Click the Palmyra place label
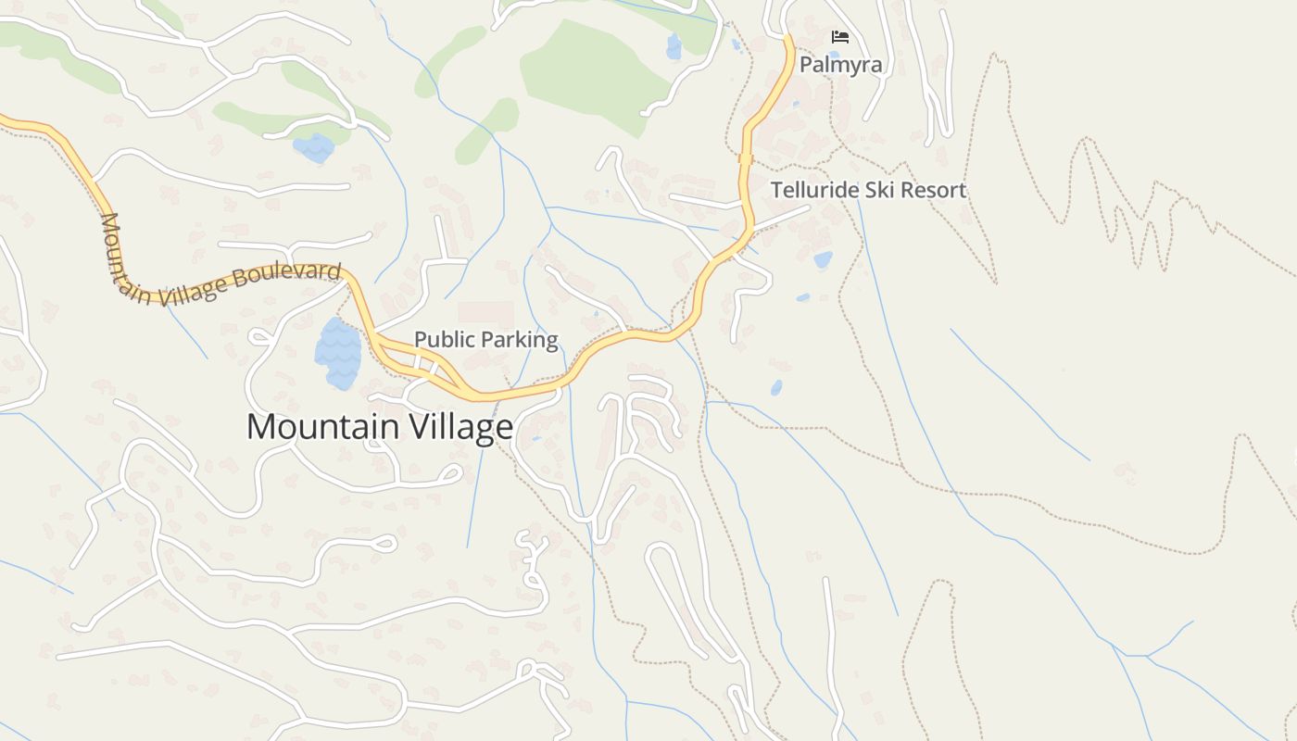(840, 65)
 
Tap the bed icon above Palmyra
(840, 37)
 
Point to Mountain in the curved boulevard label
(123, 257)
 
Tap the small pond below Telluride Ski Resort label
(823, 260)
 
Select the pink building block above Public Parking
(485, 312)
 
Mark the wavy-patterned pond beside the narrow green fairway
(313, 147)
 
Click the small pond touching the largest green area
(674, 46)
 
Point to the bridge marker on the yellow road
(745, 159)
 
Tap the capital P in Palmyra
(806, 65)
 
